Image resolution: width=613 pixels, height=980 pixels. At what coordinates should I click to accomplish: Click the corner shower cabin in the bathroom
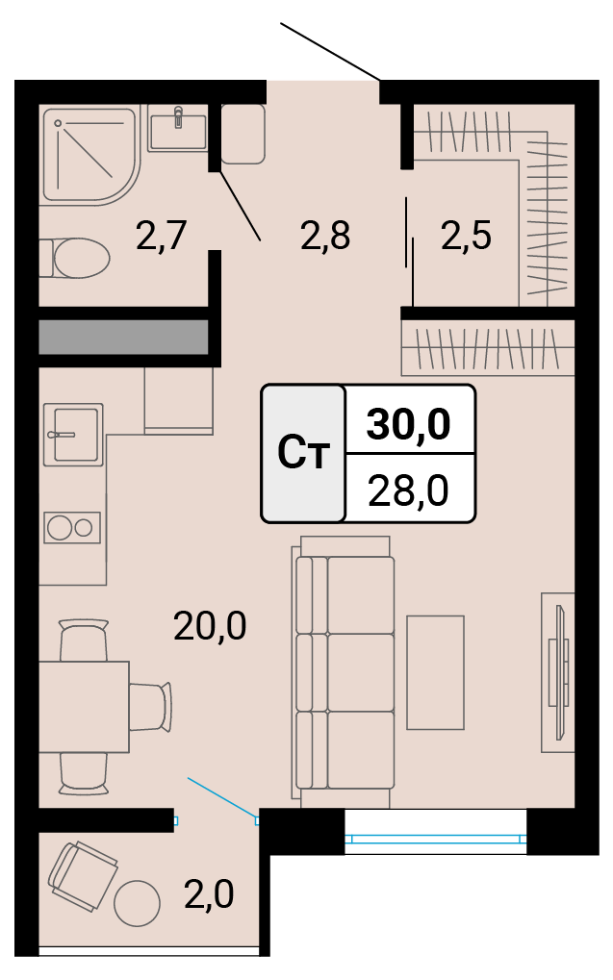[x=91, y=154]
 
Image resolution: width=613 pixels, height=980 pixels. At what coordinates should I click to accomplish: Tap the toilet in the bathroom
[x=74, y=258]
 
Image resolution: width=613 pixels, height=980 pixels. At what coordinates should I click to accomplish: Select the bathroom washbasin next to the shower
[x=178, y=127]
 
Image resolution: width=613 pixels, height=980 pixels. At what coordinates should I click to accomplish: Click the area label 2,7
[x=162, y=236]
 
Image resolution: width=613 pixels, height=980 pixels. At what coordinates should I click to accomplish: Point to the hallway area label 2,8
[x=325, y=236]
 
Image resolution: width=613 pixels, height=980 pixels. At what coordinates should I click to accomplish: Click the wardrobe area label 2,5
[x=466, y=236]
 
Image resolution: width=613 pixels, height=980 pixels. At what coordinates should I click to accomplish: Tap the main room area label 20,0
[x=210, y=626]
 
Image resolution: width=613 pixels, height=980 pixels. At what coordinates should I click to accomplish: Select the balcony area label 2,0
[x=209, y=893]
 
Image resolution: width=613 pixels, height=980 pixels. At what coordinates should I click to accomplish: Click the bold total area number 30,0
[x=408, y=424]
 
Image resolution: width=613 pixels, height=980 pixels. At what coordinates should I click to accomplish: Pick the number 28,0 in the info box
[x=408, y=490]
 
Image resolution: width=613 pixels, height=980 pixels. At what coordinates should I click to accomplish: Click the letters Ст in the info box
[x=303, y=453]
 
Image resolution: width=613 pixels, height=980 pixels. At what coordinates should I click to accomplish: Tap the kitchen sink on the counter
[x=73, y=434]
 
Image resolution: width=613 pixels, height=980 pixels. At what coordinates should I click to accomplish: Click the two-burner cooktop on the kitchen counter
[x=72, y=526]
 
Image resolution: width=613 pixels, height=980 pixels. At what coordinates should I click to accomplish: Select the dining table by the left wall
[x=84, y=706]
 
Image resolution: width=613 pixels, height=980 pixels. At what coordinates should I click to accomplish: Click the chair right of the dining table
[x=151, y=706]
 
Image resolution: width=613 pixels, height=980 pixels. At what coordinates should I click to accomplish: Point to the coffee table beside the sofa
[x=435, y=672]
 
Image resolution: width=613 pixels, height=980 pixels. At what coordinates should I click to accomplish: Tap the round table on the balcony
[x=137, y=903]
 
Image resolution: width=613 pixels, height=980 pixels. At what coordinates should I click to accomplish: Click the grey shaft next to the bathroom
[x=123, y=338]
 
